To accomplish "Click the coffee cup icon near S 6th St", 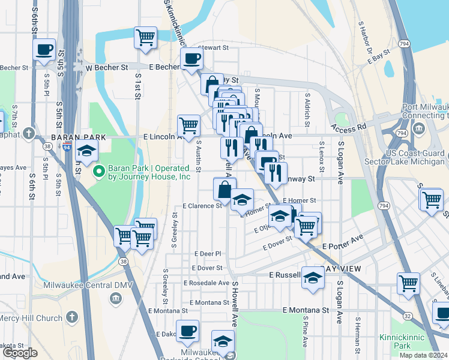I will [x=44, y=50].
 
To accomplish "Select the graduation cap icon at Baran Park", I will [x=87, y=151].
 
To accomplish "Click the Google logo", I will [x=20, y=353].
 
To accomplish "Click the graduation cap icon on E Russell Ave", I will [x=313, y=278].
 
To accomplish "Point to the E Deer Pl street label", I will [x=208, y=254].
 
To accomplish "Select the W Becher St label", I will [x=106, y=68].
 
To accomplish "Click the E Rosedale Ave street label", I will [x=206, y=283].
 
